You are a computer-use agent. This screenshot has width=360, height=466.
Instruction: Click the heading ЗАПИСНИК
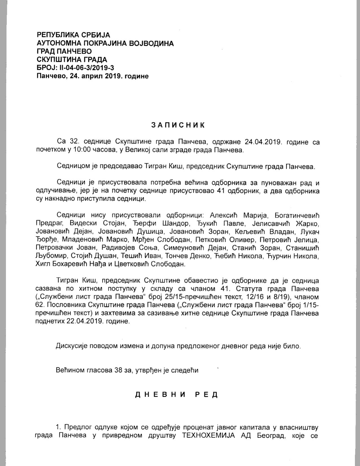178,125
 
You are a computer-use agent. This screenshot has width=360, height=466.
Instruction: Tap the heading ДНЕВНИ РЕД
177,394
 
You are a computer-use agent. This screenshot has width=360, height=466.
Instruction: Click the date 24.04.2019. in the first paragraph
263,142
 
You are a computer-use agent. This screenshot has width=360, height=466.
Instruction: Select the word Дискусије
72,346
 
